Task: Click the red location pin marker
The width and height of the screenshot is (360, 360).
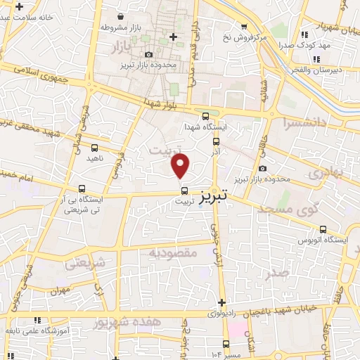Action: click(181, 166)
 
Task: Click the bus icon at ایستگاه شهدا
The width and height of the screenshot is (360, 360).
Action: click(205, 117)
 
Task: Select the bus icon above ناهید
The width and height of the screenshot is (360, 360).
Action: click(95, 147)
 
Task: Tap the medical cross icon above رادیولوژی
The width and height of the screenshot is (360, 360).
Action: click(221, 302)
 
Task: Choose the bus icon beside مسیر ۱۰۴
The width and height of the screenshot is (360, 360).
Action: click(226, 344)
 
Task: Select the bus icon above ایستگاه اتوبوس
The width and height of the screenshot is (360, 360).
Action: click(323, 229)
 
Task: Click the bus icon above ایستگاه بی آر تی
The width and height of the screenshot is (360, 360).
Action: click(82, 188)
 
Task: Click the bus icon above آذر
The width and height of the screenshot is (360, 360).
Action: click(216, 141)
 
